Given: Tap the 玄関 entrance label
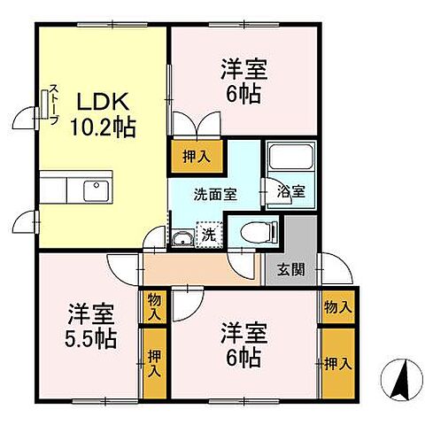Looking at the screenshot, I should pos(291,269).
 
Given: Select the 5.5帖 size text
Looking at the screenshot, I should pos(92,340).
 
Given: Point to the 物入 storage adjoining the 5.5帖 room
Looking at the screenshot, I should pos(154,307).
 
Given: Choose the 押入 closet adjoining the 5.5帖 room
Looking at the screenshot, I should pos(154,363).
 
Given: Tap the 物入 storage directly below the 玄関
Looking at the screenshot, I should pos(336,307).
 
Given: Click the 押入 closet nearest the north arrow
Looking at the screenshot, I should pos(336,363).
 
